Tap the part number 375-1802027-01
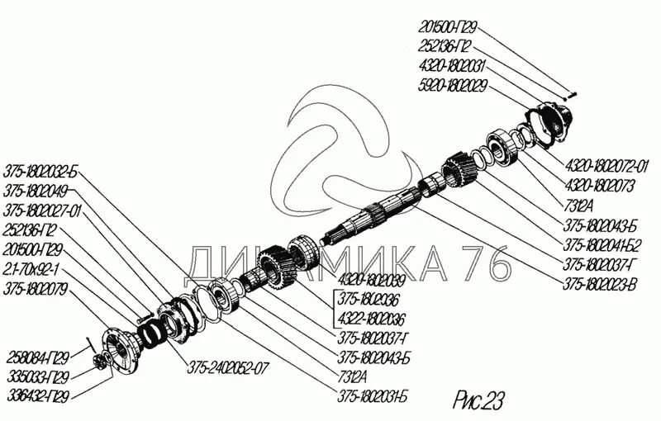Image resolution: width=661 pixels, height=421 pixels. tap(43, 210)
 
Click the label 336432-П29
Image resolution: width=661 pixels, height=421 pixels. tap(36, 395)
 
